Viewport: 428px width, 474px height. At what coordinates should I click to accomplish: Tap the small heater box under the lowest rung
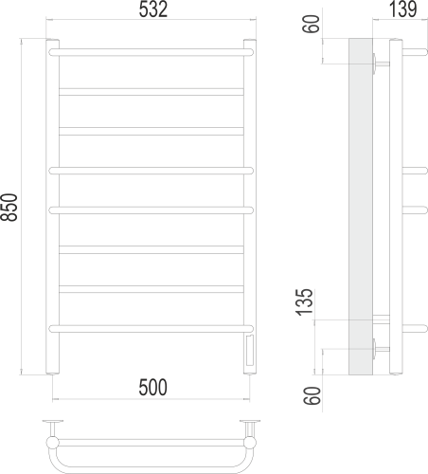(249, 349)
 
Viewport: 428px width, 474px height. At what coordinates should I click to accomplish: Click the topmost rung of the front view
(152, 52)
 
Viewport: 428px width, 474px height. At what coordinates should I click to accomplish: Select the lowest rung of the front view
(152, 328)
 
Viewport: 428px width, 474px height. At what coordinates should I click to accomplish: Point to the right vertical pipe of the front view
(249, 190)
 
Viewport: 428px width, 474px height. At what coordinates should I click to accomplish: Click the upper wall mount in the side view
(380, 64)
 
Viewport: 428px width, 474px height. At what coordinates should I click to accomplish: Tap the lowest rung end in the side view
(414, 328)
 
